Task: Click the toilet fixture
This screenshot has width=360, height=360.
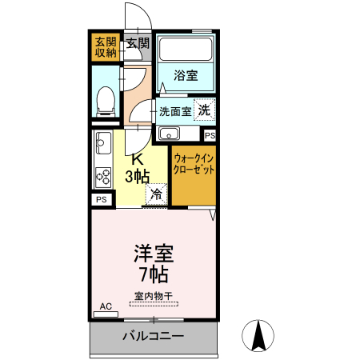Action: tap(103, 101)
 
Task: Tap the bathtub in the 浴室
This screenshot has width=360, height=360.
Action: tap(185, 50)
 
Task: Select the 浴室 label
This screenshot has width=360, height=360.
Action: tap(186, 76)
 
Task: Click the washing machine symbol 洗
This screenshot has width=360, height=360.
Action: tap(206, 110)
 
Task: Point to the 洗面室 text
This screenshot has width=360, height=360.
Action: tap(174, 111)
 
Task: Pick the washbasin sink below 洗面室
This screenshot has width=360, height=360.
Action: tap(169, 134)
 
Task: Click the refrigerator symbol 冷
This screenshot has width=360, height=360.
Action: tap(156, 193)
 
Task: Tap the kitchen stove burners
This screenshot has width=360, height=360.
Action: tap(103, 175)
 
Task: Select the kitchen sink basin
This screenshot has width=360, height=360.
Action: tap(102, 145)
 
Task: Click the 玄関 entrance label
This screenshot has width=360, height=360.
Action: tap(137, 42)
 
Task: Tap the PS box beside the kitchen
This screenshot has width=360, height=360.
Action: tap(102, 199)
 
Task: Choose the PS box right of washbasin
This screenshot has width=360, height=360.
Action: tap(209, 136)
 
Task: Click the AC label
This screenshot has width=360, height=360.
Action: tap(106, 306)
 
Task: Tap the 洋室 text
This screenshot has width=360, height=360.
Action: tap(152, 255)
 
